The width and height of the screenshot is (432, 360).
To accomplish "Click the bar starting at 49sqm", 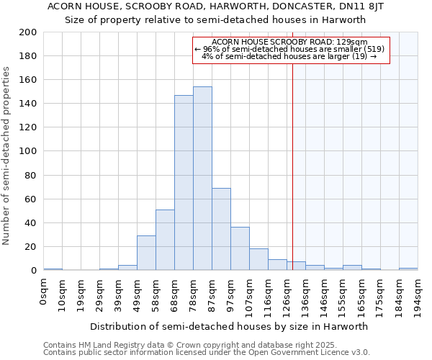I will pos(146,253).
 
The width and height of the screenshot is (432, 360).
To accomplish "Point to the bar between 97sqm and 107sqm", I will pos(240,249).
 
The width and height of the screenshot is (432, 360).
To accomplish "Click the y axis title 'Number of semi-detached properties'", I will pos(6,156).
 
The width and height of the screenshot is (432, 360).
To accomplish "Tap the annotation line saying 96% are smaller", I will pos(290,49).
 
